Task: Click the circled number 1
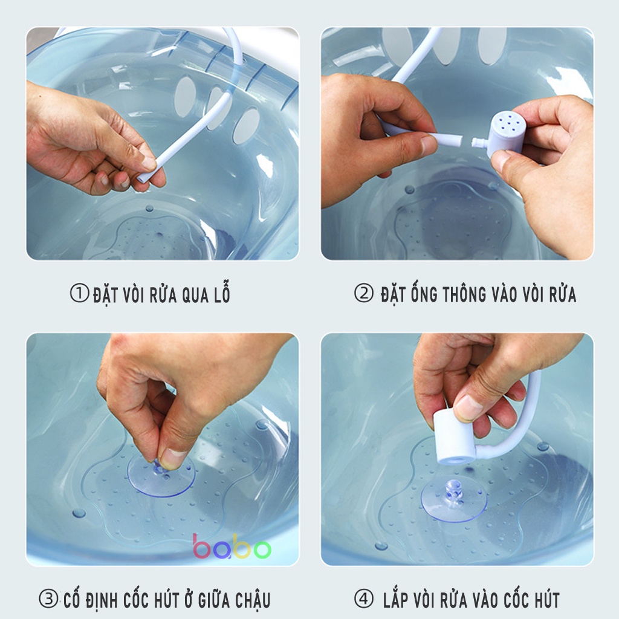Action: point(79,294)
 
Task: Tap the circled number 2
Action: point(363,293)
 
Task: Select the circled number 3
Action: point(48,598)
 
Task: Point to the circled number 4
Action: point(363,598)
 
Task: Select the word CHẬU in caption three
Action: point(253,599)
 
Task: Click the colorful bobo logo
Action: point(232,546)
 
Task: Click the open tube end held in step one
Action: point(142,178)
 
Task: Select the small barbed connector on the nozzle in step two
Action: point(479,143)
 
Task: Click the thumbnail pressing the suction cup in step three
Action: point(172,458)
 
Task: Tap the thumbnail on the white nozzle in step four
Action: point(469,406)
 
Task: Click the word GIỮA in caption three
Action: point(214,599)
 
